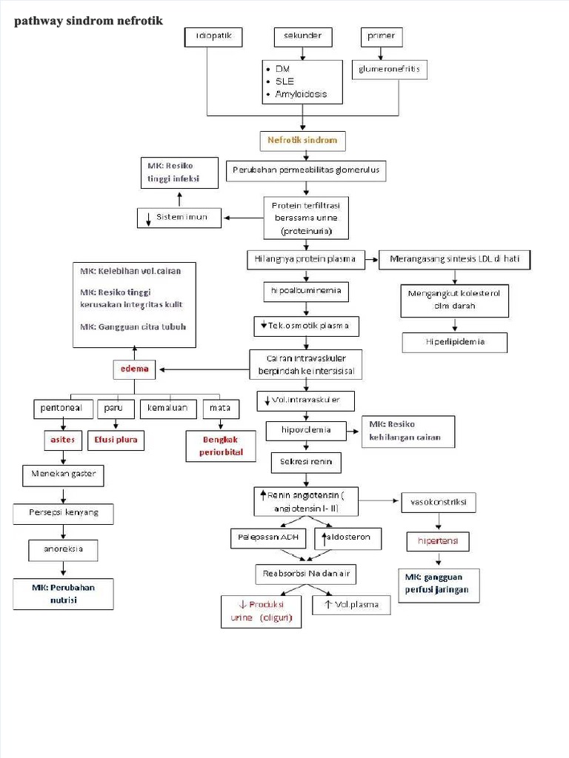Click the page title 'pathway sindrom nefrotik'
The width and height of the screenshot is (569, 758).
click(x=88, y=21)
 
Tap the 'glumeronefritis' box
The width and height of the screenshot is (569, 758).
click(x=389, y=70)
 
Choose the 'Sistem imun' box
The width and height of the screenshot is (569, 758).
click(x=181, y=217)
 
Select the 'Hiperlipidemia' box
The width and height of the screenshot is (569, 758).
click(x=455, y=343)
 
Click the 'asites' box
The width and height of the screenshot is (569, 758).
click(x=62, y=440)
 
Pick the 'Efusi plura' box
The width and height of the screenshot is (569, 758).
click(x=116, y=440)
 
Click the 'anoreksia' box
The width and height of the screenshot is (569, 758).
click(x=62, y=550)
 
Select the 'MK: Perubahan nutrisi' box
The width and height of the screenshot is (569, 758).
click(x=64, y=594)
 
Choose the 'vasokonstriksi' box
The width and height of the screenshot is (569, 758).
click(x=439, y=503)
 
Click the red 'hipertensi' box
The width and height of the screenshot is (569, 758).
click(x=438, y=542)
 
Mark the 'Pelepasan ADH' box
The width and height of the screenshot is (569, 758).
click(x=269, y=538)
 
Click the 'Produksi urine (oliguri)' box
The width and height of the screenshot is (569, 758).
click(x=262, y=611)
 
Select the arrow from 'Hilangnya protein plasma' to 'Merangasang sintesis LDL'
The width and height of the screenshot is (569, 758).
click(x=370, y=259)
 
